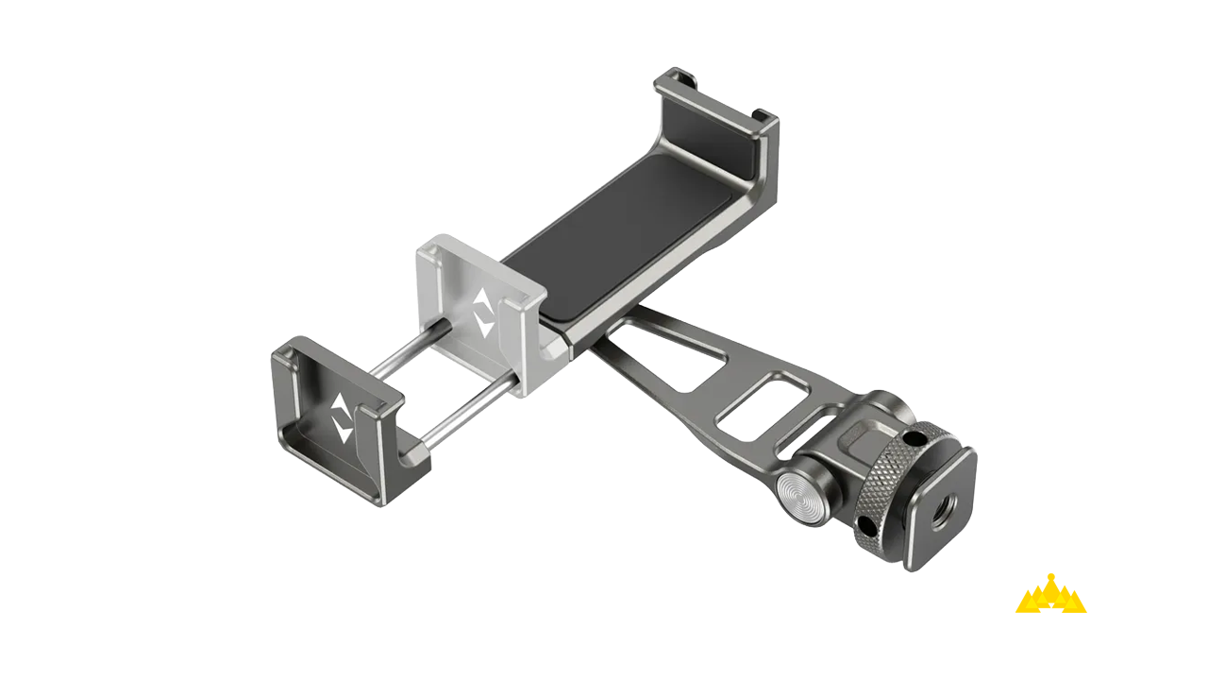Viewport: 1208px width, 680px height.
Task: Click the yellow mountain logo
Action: [x=1050, y=595]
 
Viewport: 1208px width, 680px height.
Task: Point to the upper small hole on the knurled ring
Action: [x=914, y=439]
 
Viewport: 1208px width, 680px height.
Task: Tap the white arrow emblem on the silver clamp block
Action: [x=483, y=313]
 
